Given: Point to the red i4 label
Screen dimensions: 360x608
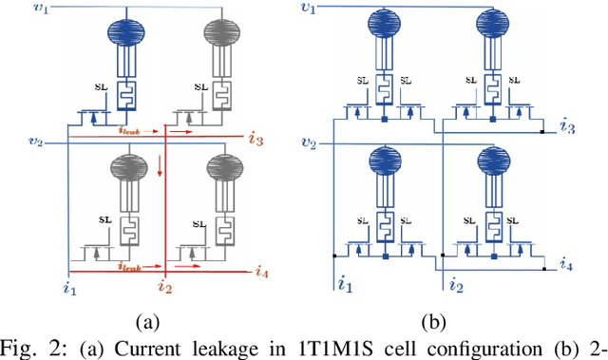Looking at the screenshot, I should coord(262,272).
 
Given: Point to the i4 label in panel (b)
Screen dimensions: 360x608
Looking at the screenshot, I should coord(567,263).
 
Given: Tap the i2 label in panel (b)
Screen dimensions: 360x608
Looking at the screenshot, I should coord(455,282).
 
